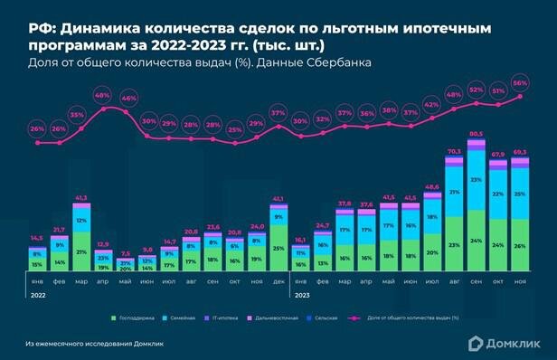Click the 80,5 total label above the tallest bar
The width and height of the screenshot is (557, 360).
coord(475,134)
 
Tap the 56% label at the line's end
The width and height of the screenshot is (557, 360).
coord(520,82)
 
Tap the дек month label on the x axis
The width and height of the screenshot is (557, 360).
coord(278,282)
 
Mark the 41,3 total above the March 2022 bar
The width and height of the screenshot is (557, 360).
coord(81,197)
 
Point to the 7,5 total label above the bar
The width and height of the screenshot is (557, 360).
coord(125,253)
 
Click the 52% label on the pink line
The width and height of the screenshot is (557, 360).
coord(475,90)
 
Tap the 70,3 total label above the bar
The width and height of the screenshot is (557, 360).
coord(454,151)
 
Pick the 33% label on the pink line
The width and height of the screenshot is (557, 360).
coord(78,115)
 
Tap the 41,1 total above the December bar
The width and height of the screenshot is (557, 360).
coord(278,198)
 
